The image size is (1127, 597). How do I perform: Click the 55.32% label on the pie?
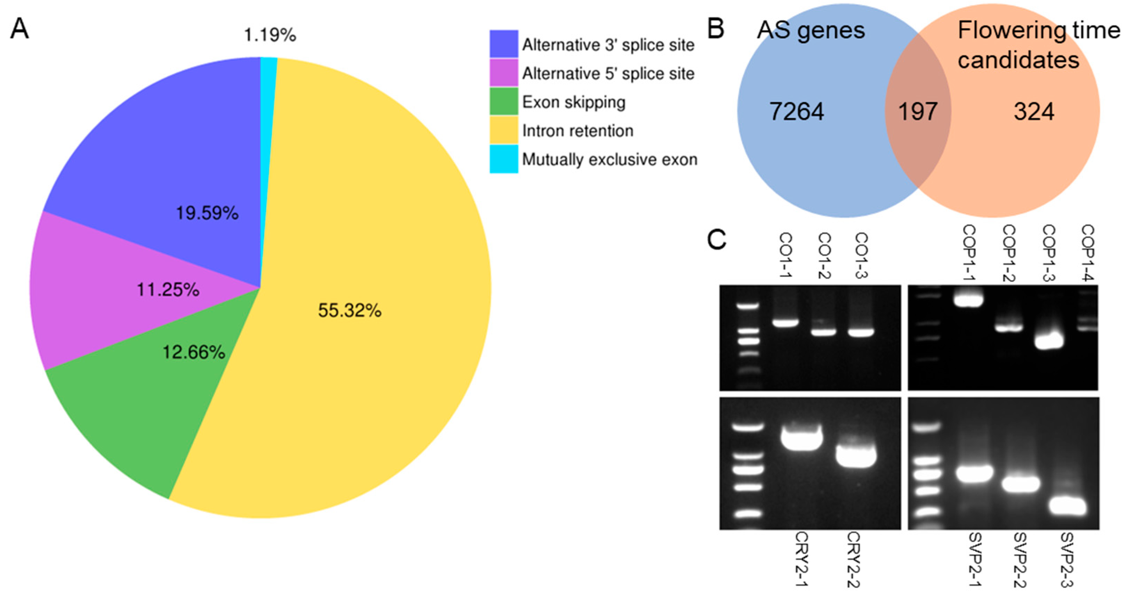(350, 310)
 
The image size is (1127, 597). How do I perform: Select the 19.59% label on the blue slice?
(207, 213)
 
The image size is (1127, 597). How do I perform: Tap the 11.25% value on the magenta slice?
(168, 290)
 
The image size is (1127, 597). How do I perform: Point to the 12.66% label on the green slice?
(194, 352)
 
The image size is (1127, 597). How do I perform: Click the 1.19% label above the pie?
(270, 35)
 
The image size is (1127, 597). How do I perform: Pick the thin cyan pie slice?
(268, 131)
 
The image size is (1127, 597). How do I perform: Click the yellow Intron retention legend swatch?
(504, 130)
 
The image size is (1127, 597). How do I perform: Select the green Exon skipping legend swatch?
(504, 102)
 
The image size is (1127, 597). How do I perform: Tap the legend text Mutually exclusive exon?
(609, 160)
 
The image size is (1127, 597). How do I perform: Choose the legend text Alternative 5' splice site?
(608, 73)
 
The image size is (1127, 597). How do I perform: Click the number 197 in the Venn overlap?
(918, 112)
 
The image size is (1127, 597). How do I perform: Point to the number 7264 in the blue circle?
(797, 112)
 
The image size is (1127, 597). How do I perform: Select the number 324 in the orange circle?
(1034, 112)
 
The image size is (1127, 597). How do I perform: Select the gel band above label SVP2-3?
(1067, 507)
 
